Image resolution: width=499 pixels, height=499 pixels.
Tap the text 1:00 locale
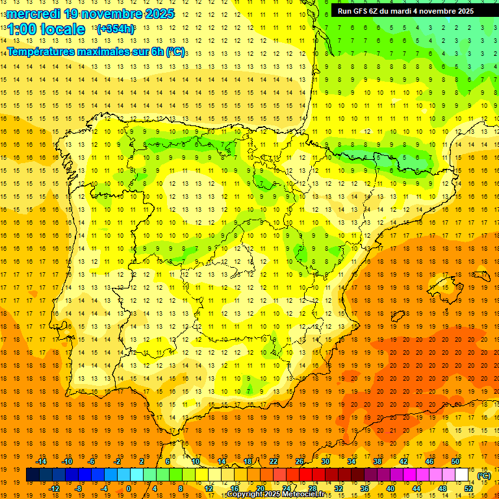click(46, 29)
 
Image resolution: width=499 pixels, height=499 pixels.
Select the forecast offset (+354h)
click(116, 29)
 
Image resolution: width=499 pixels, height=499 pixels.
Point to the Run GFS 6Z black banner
click(405, 11)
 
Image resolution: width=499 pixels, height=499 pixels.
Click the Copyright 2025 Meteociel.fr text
click(275, 494)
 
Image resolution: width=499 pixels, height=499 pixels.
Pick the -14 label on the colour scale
click(42, 461)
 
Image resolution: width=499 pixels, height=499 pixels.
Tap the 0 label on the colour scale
click(129, 489)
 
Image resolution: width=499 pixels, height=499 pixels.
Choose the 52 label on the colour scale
click(468, 489)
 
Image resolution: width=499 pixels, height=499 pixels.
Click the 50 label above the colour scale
click(455, 461)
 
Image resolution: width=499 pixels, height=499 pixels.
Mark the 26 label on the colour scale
click(300, 461)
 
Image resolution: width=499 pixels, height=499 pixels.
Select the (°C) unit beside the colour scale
click(484, 476)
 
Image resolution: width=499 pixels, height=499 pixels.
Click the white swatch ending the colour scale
click(462, 475)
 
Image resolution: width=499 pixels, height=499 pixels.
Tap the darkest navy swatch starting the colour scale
click(32, 475)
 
